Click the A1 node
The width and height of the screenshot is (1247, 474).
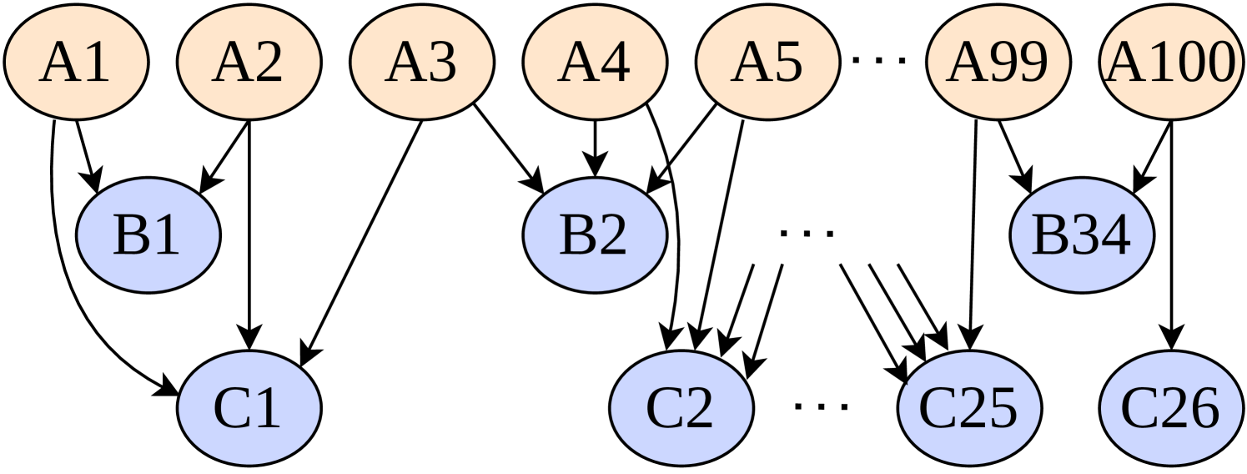(x=76, y=63)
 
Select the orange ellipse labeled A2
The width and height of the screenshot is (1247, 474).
(x=249, y=63)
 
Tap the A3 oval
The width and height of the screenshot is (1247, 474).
(x=421, y=63)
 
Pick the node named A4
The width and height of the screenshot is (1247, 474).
(x=594, y=63)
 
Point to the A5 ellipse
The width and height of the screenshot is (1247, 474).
(x=767, y=63)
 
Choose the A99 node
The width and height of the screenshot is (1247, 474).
(x=998, y=63)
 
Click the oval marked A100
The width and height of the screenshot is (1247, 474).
(x=1169, y=63)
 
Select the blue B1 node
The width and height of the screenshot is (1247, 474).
(x=148, y=235)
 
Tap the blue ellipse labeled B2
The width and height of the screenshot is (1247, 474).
(x=594, y=235)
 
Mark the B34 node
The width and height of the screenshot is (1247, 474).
(x=1081, y=235)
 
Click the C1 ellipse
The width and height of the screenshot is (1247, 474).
(x=249, y=408)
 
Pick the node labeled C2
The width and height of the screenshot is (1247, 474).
(x=681, y=408)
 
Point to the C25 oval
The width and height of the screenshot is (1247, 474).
(x=969, y=408)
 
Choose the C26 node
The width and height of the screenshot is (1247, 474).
(x=1169, y=408)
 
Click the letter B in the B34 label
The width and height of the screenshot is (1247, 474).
(x=1048, y=236)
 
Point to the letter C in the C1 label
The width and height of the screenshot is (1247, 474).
(x=231, y=409)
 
